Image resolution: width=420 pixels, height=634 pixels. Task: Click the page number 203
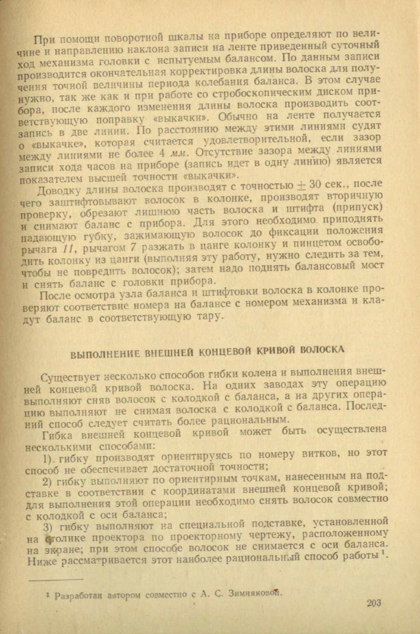coord(374,603)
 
